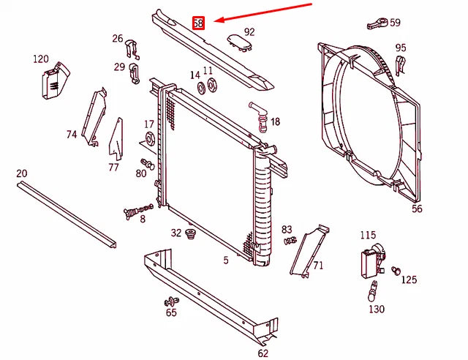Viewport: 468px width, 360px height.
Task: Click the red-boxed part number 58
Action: (x=198, y=23)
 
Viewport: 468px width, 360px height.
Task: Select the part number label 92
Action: (x=249, y=31)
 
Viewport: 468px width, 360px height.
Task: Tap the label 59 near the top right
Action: (x=395, y=23)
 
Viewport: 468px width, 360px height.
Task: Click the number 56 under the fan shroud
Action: (x=417, y=209)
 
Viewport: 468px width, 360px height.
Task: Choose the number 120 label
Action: (x=41, y=59)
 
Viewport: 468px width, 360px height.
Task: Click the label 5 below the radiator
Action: (x=226, y=260)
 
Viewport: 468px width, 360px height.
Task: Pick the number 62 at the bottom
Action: (x=263, y=353)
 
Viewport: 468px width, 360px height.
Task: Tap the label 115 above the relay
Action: (x=368, y=235)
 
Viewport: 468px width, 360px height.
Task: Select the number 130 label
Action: (x=376, y=310)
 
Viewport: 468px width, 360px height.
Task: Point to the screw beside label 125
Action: (x=396, y=271)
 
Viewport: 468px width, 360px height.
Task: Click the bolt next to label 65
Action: (x=172, y=301)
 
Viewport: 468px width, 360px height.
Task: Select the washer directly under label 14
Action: (x=199, y=89)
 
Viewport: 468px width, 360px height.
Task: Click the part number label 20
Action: (x=21, y=173)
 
